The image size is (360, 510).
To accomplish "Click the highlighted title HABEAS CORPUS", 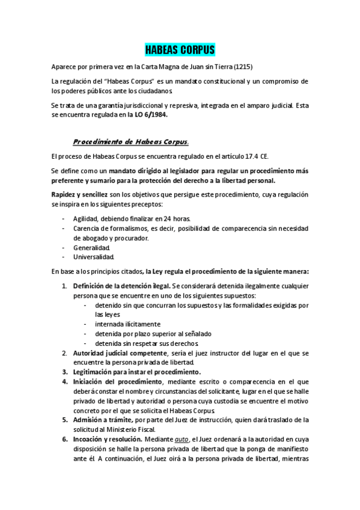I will pyautogui.click(x=180, y=49).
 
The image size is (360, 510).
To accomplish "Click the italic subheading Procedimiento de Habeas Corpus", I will pyautogui.click(x=130, y=142).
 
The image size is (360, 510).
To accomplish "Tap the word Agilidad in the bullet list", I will pyautogui.click(x=87, y=218).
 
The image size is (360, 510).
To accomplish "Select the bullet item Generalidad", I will pyautogui.click(x=91, y=247).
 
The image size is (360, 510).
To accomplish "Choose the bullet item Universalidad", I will pyautogui.click(x=94, y=257).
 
